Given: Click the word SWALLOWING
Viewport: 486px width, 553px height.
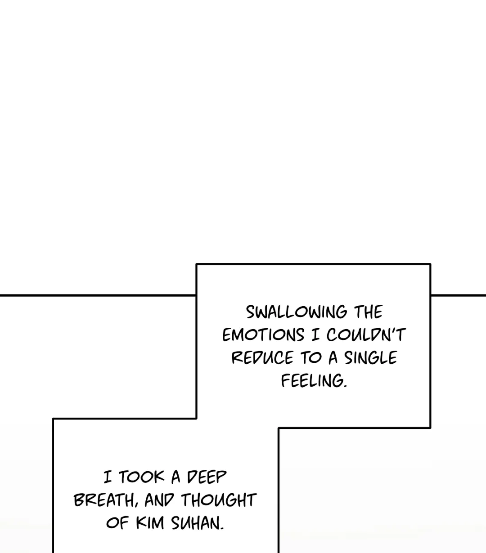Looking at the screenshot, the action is coord(297,312).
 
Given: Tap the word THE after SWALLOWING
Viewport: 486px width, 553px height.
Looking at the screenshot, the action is coord(368,312).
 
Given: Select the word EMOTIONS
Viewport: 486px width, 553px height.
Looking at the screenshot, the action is coord(263,335).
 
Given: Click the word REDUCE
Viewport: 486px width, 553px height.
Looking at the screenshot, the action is coord(262,358).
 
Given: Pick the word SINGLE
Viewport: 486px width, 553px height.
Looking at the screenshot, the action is coord(370,358).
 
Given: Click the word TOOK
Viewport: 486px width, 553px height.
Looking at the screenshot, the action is coord(141,477).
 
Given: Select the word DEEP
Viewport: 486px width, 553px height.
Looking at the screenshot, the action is coord(207,477).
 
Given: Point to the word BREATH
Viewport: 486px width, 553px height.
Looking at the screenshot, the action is coord(104,500).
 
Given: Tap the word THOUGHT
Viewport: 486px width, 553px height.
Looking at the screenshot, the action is coord(219,500).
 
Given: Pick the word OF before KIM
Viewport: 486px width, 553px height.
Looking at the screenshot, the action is coord(117,523).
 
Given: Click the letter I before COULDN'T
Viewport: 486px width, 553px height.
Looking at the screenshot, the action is coord(315,335).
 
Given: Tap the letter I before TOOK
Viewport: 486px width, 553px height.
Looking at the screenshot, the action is coord(108,477).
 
